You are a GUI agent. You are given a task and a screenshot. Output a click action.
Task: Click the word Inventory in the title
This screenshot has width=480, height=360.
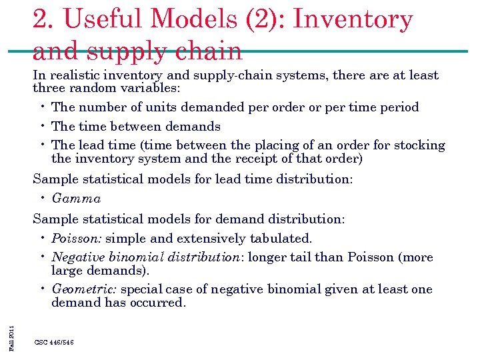pos(353,19)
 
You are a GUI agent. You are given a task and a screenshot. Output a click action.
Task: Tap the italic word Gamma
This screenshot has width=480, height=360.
pos(76,199)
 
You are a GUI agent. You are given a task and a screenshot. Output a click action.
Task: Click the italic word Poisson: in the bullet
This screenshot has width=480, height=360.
pos(77,239)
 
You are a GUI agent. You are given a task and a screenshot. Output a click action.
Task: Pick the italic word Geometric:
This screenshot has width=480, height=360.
pos(84,289)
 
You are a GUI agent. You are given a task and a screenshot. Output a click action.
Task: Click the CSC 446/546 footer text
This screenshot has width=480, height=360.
pos(54,342)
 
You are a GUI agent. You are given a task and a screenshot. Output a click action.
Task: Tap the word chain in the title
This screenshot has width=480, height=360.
pos(210,51)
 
